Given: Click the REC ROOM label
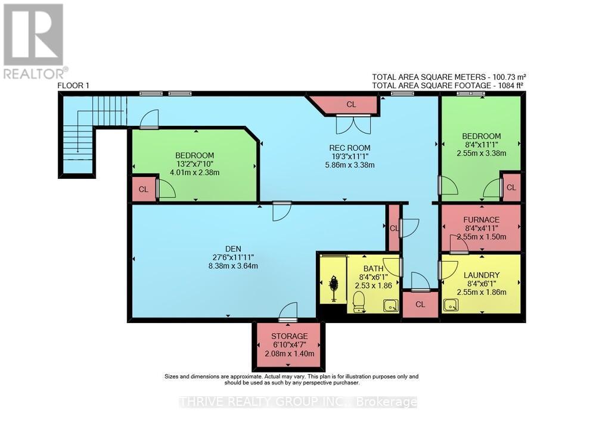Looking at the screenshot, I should [x=350, y=148].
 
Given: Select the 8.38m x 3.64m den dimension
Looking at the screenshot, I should [x=232, y=266].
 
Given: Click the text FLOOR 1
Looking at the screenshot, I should [x=73, y=85].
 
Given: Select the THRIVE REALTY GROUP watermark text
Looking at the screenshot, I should [x=298, y=402].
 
